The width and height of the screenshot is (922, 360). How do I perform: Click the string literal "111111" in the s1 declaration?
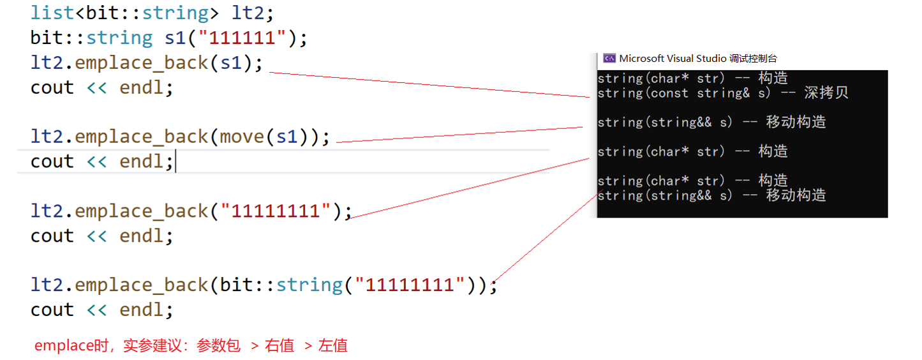coord(241,38)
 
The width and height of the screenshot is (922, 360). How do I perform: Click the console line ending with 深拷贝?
coord(722,93)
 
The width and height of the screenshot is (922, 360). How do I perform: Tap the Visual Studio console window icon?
coord(609,59)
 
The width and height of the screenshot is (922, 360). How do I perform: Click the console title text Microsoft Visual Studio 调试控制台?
coord(698,59)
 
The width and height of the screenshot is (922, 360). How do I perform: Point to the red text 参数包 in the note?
coord(218,346)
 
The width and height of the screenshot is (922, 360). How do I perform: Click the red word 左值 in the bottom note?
coord(332,346)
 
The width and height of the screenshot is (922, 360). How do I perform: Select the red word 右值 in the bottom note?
coord(279,346)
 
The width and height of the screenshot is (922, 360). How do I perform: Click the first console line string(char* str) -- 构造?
coord(692,79)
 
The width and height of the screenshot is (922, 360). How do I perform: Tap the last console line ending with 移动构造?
coord(711,195)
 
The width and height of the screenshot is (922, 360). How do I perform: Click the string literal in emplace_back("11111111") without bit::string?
coord(277,211)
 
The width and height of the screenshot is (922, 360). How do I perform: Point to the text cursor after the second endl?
coord(175,162)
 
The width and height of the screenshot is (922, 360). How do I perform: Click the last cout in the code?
coord(52,310)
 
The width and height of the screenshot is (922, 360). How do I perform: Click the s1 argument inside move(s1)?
coord(286,137)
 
